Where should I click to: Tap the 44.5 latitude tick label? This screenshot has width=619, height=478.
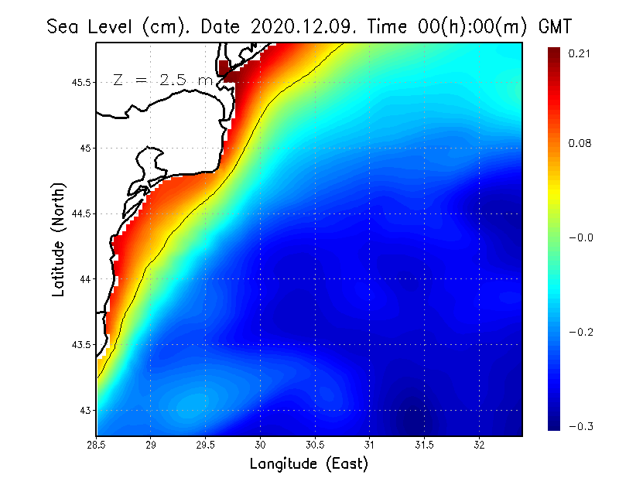pyautogui.click(x=81, y=213)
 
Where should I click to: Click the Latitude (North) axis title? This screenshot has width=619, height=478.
pyautogui.click(x=59, y=239)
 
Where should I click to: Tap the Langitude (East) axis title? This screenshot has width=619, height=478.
pyautogui.click(x=309, y=464)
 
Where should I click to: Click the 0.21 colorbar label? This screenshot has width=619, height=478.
pyautogui.click(x=580, y=53)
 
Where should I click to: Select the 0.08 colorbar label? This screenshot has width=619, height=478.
pyautogui.click(x=580, y=144)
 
